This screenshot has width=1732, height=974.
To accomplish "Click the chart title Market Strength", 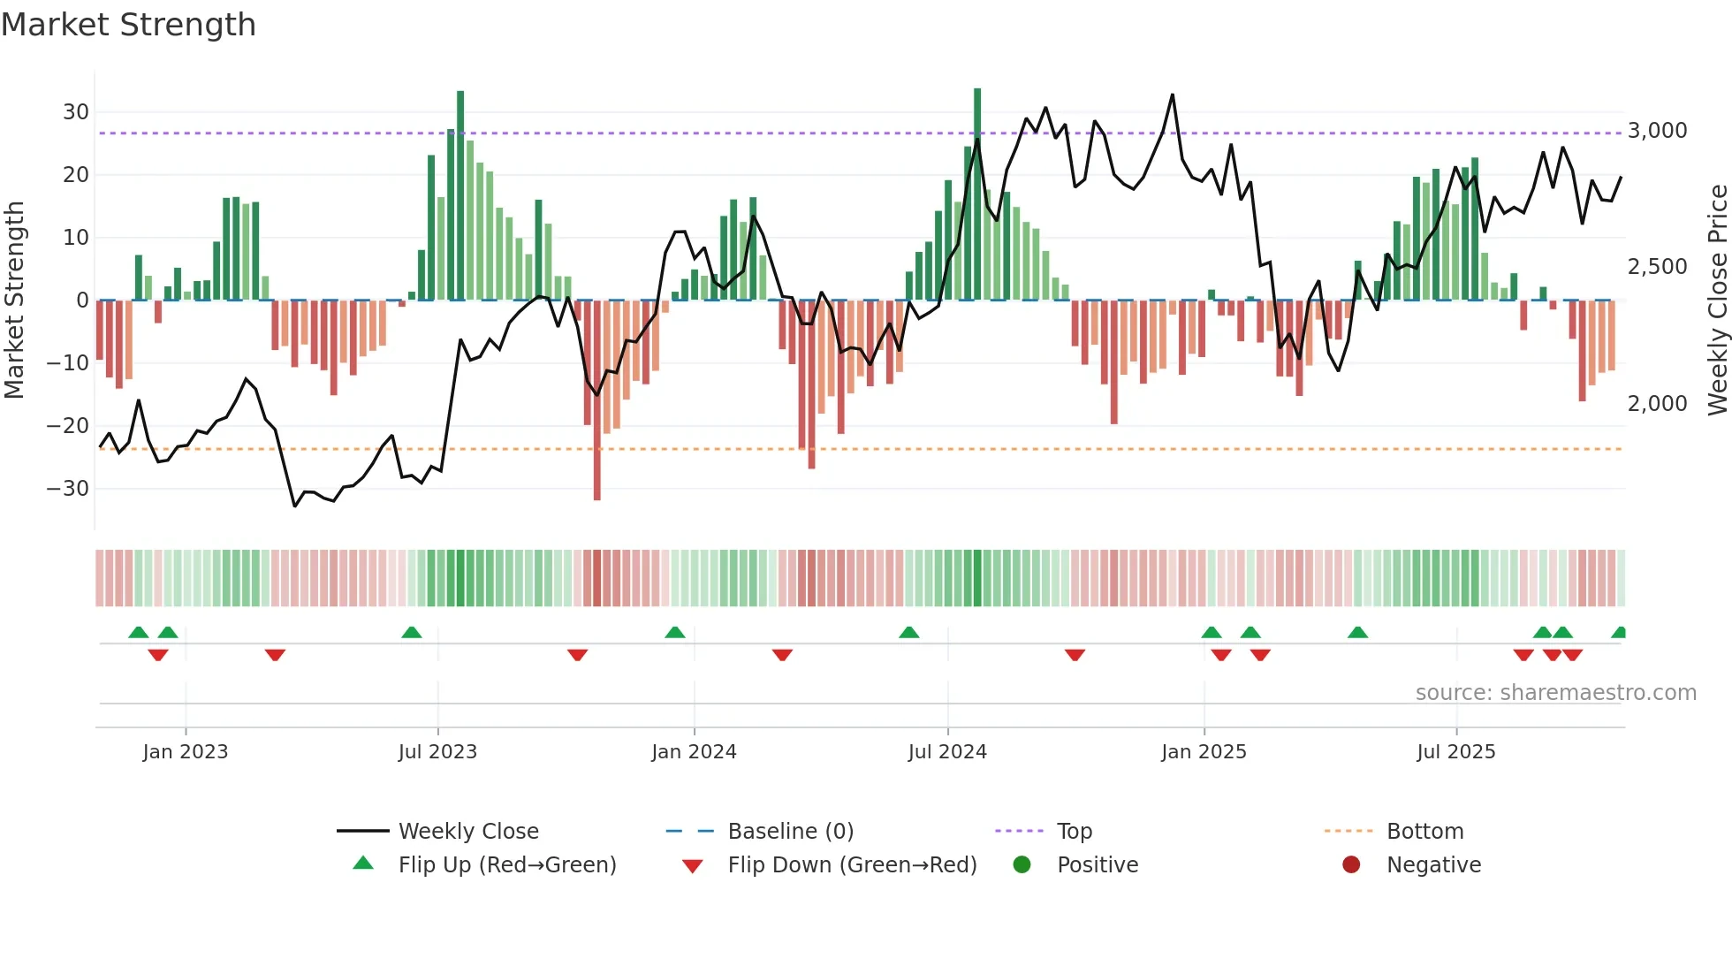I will pyautogui.click(x=128, y=25).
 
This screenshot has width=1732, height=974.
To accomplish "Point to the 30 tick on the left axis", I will pyautogui.click(x=76, y=112).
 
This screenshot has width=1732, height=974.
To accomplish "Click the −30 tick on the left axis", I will pyautogui.click(x=68, y=489).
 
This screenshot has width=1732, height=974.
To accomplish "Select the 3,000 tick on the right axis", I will pyautogui.click(x=1657, y=131).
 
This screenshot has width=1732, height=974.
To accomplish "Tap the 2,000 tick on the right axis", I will pyautogui.click(x=1657, y=404).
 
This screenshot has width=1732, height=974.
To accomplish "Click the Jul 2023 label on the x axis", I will pyautogui.click(x=437, y=752).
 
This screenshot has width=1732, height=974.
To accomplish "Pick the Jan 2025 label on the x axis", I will pyautogui.click(x=1204, y=752).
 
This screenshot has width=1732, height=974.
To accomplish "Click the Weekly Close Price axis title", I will pyautogui.click(x=1717, y=301).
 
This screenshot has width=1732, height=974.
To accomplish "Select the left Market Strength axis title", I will pyautogui.click(x=15, y=301).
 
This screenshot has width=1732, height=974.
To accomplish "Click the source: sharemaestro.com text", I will pyautogui.click(x=1555, y=693).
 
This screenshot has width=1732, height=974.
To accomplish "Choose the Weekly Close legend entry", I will pyautogui.click(x=468, y=832).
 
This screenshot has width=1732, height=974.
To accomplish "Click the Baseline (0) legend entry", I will pyautogui.click(x=790, y=832).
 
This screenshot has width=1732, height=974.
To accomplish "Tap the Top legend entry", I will pyautogui.click(x=1074, y=832).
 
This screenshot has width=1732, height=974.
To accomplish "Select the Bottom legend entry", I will pyautogui.click(x=1424, y=832).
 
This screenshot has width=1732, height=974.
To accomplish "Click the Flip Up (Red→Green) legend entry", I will pyautogui.click(x=506, y=865).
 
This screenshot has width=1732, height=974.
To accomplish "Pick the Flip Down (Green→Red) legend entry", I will pyautogui.click(x=852, y=865).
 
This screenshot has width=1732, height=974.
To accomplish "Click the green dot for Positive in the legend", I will pyautogui.click(x=1022, y=865).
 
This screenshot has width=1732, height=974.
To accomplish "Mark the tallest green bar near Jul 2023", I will pyautogui.click(x=460, y=194).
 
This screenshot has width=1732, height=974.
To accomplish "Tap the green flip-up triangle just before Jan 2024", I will pyautogui.click(x=675, y=633).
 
